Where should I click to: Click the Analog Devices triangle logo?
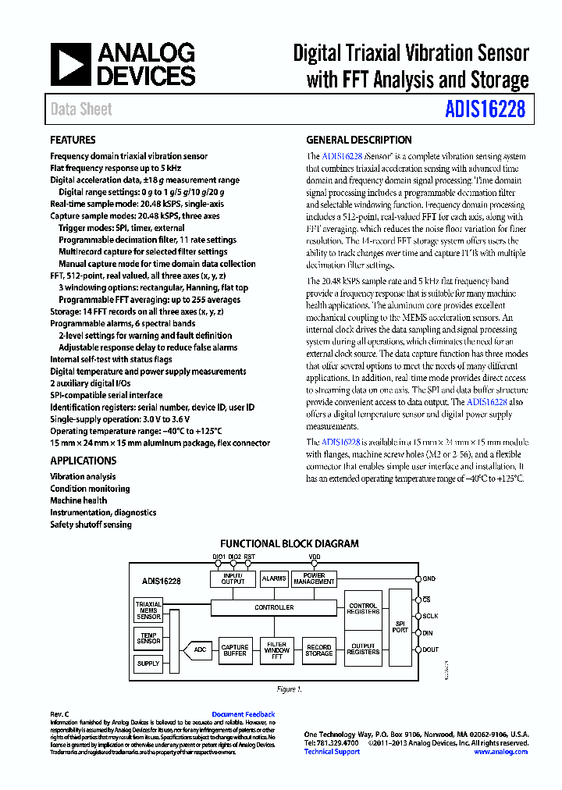(x=71, y=64)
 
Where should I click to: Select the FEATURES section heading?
(x=73, y=141)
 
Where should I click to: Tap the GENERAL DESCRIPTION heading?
(x=358, y=141)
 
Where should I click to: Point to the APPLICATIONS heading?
(x=83, y=461)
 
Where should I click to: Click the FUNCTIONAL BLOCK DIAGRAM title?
(x=289, y=543)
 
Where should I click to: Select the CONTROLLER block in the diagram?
(x=275, y=607)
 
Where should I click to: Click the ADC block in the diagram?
(x=200, y=649)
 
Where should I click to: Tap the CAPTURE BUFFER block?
(x=235, y=650)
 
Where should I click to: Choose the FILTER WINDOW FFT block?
(x=276, y=650)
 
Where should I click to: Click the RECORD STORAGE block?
(x=318, y=650)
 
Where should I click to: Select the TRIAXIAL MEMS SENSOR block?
(x=148, y=610)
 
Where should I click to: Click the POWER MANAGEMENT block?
(x=314, y=578)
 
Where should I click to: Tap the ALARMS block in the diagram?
(x=274, y=578)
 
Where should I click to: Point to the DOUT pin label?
(x=431, y=649)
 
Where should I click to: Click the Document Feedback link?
(x=244, y=714)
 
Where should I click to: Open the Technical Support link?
(x=332, y=752)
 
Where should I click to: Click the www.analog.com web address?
(x=500, y=752)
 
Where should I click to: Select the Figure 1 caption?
(x=289, y=689)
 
